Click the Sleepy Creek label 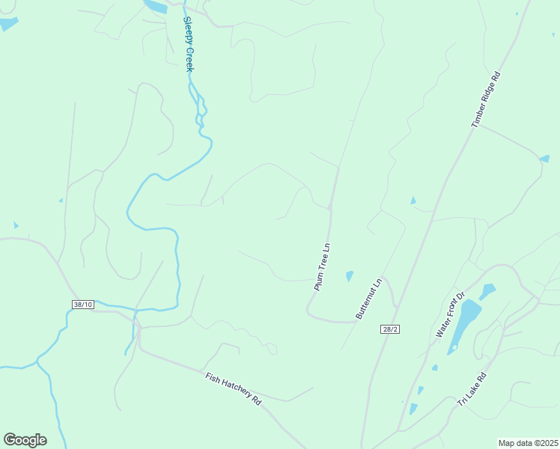click(x=189, y=44)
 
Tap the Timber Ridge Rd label click(x=485, y=99)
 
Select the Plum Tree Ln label click(x=322, y=266)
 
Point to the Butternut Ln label click(x=369, y=299)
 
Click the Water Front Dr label click(x=451, y=314)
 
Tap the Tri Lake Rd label click(x=472, y=390)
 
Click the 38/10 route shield click(x=83, y=305)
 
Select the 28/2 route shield click(x=388, y=329)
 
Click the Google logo click(x=25, y=440)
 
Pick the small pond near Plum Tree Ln click(x=350, y=276)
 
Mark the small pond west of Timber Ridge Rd click(x=413, y=201)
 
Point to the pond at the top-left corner click(x=7, y=24)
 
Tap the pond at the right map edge click(x=544, y=159)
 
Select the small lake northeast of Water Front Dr click(x=487, y=291)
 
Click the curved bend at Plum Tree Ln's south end click(x=310, y=311)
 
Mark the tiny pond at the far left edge click(x=16, y=224)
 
